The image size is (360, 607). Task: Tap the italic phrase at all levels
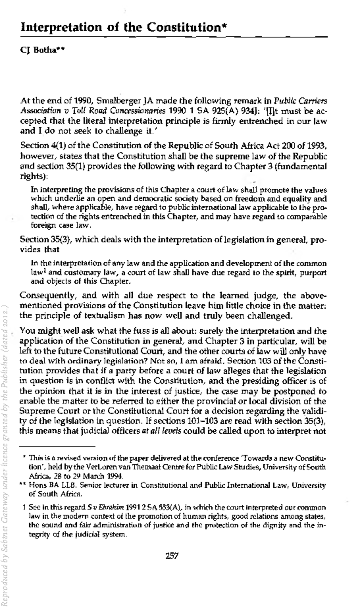tap(162, 431)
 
